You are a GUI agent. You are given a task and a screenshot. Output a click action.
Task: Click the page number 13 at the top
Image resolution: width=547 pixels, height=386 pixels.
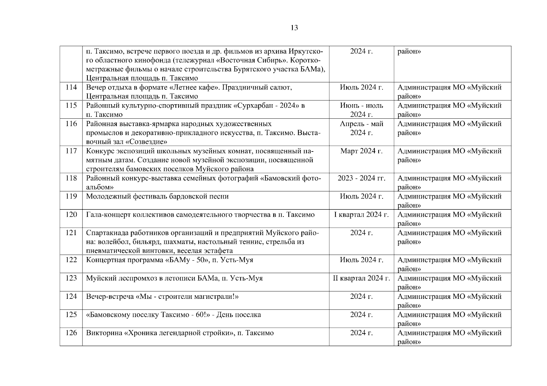[x=294, y=28]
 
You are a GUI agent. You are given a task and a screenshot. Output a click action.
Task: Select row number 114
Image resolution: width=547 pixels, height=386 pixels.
[x=71, y=87]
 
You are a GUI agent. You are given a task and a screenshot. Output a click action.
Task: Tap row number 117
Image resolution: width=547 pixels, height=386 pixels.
[x=71, y=151]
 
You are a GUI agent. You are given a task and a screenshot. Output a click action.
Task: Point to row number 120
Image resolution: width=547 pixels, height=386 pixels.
[x=71, y=215]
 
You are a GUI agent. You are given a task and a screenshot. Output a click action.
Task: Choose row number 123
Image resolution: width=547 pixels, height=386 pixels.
[x=71, y=278]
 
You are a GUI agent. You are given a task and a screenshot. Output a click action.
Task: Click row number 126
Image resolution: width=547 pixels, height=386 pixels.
[x=71, y=333]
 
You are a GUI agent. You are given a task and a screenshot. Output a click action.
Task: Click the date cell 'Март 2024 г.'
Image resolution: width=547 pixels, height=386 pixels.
[x=361, y=151]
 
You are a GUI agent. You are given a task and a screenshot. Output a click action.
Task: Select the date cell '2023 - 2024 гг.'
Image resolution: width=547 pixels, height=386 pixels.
[x=361, y=178]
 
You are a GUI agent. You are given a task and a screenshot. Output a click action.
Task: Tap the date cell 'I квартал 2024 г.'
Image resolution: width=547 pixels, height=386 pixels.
[x=361, y=215]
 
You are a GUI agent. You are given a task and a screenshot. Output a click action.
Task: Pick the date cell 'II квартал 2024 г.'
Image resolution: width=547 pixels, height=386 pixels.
[x=361, y=278]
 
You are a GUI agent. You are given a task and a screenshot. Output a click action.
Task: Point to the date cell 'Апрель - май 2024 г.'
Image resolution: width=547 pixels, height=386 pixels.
[x=361, y=128]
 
